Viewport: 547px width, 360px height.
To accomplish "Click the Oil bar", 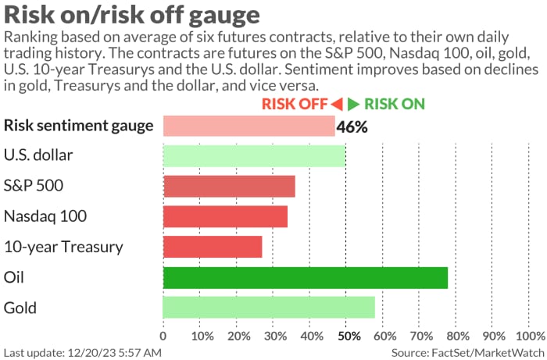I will pos(306,277).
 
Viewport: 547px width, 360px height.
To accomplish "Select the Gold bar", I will pos(269,307).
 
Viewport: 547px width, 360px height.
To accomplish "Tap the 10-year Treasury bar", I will pos(213,247).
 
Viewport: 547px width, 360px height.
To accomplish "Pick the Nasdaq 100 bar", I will pos(225,216).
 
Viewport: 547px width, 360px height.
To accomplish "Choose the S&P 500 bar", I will pos(229,186).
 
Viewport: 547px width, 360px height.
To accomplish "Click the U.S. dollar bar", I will pos(254,155).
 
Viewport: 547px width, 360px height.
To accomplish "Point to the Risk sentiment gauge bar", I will pos(248,126).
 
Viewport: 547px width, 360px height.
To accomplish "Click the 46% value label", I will pos(352,127).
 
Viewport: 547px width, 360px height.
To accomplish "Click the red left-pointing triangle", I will pos(337,104).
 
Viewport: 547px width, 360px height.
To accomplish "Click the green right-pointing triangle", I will pos(354,104).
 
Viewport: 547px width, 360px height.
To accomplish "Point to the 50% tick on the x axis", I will pos(349,336).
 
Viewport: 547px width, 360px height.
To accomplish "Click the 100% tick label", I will pos(530,336).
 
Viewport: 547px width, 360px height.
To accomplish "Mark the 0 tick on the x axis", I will pos(163,336).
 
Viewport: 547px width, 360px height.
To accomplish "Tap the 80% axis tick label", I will pos(459,336).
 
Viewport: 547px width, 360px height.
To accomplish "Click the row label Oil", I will pos(15,277).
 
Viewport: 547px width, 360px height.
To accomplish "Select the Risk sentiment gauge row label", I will pos(78,126).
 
